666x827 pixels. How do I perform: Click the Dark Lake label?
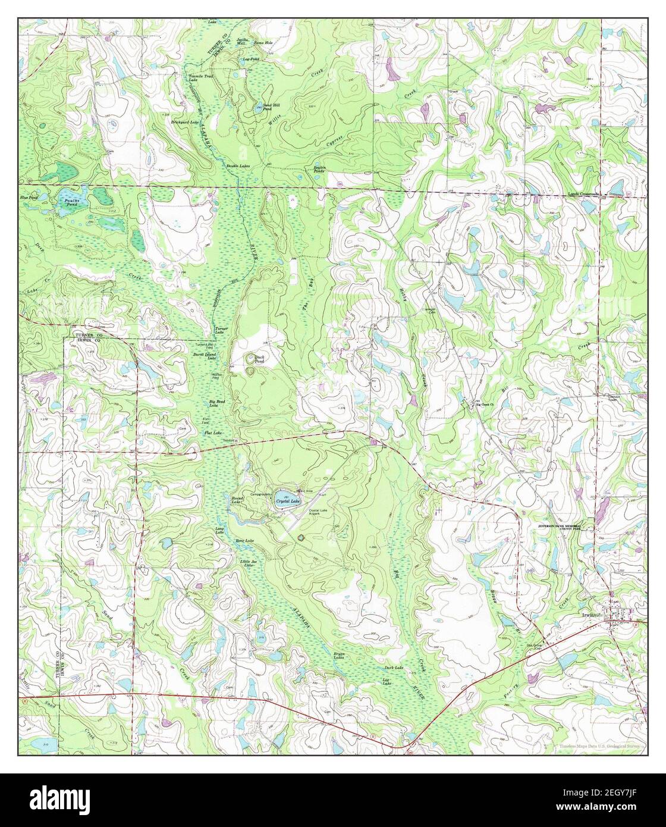click(x=394, y=668)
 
